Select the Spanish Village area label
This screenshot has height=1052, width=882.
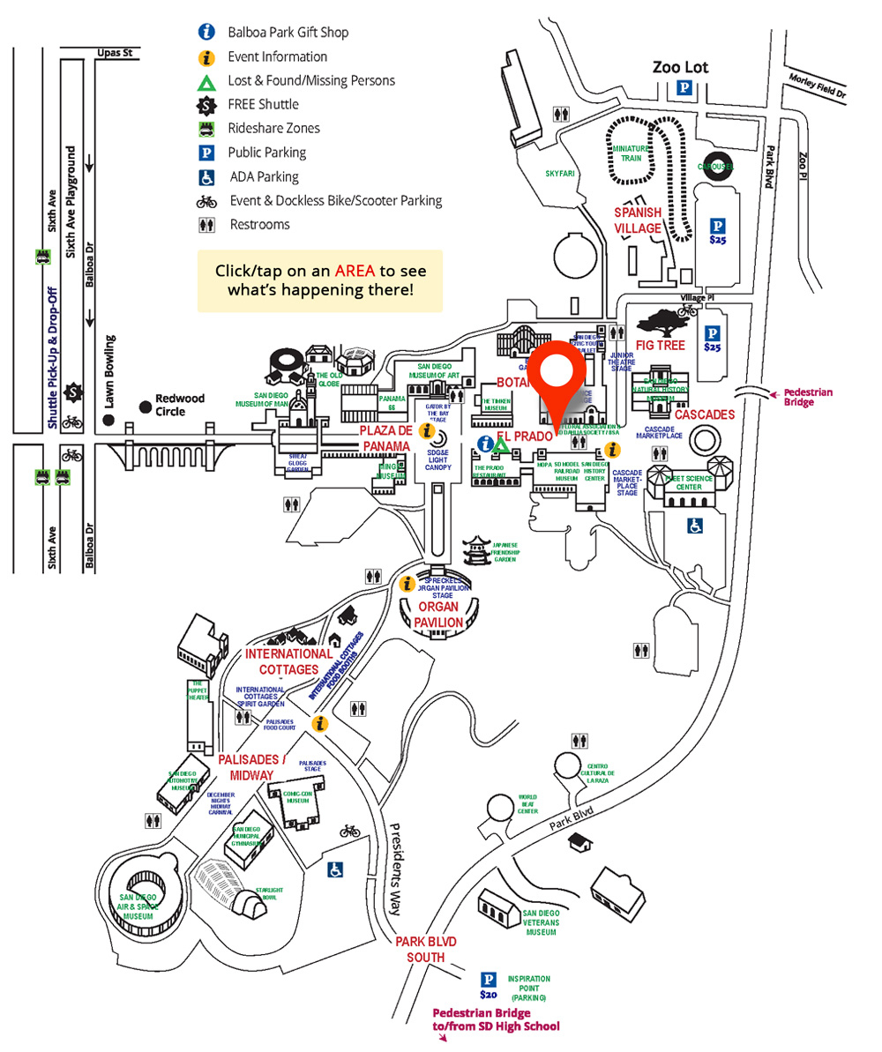tap(638, 220)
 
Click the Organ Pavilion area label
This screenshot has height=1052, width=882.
tap(440, 615)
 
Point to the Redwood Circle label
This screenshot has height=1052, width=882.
tap(180, 405)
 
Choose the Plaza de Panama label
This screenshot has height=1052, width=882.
tap(386, 438)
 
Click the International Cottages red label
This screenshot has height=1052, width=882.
tap(289, 661)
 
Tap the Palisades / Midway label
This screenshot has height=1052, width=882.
tap(252, 767)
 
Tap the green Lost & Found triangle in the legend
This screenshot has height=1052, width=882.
tap(206, 81)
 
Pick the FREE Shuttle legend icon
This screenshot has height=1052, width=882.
tap(206, 105)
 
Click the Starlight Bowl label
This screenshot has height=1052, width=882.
tap(269, 894)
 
